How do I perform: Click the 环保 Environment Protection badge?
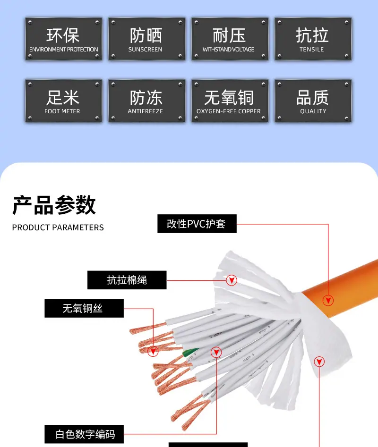click(x=64, y=39)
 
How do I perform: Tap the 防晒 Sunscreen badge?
click(x=146, y=39)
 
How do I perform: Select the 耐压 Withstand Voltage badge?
click(x=230, y=39)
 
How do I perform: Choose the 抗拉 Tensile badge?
click(x=313, y=39)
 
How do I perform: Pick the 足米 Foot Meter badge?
click(x=64, y=101)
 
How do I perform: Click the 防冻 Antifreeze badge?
click(x=146, y=101)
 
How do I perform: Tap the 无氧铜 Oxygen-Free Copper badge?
click(x=230, y=101)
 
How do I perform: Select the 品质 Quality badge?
click(x=313, y=101)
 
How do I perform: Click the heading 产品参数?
click(x=54, y=205)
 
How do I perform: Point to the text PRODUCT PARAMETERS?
click(x=58, y=228)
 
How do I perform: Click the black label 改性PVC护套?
click(x=197, y=224)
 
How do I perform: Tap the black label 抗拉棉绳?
click(x=127, y=280)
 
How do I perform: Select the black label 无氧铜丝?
click(x=84, y=308)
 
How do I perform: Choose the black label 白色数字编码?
click(x=84, y=434)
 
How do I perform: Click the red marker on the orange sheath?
click(x=328, y=300)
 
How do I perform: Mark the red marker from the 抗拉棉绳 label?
click(x=232, y=280)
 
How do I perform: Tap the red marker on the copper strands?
click(x=153, y=351)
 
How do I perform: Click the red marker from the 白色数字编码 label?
click(x=216, y=352)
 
